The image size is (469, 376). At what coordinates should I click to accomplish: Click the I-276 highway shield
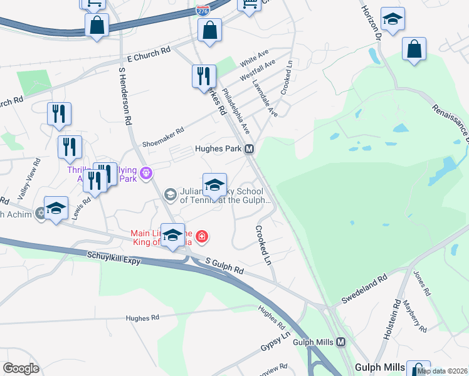point(203,11)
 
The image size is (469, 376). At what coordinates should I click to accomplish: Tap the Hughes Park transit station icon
point(250,149)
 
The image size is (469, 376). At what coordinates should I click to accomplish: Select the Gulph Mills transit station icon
point(340,342)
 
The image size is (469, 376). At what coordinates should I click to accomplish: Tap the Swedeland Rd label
point(363,289)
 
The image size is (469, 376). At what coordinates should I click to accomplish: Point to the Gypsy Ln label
point(275,342)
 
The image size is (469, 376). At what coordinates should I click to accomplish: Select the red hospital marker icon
point(202,236)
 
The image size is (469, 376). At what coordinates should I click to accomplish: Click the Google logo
point(21,368)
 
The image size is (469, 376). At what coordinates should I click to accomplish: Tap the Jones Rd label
point(422,283)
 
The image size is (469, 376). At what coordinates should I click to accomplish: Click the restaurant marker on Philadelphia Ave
point(204,76)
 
